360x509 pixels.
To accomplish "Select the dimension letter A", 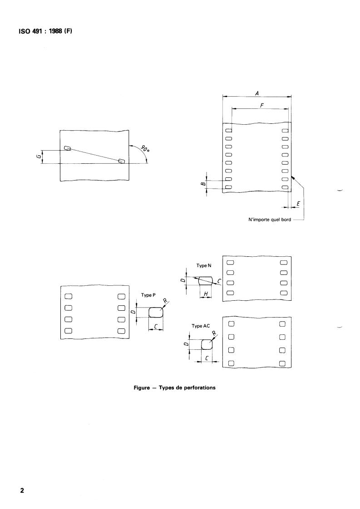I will point(257,93).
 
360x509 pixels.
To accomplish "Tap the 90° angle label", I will point(145,150).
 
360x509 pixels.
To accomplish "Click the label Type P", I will point(148,295).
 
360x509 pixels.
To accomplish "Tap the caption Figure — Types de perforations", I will point(181,388).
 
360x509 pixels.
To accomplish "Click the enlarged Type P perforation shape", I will point(156,312).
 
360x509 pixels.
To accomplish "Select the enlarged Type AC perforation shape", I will point(207,344).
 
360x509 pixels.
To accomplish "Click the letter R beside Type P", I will point(165,301).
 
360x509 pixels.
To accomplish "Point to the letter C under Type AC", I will point(207,358).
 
